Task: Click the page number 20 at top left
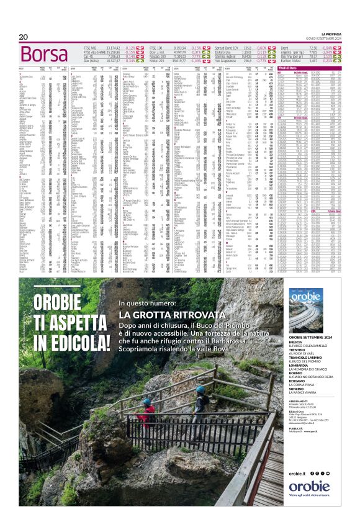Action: [x=24, y=37]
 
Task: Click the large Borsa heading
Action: [x=44, y=53]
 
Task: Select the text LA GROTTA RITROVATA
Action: [x=167, y=315]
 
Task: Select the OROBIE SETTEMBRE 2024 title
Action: [x=311, y=337]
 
